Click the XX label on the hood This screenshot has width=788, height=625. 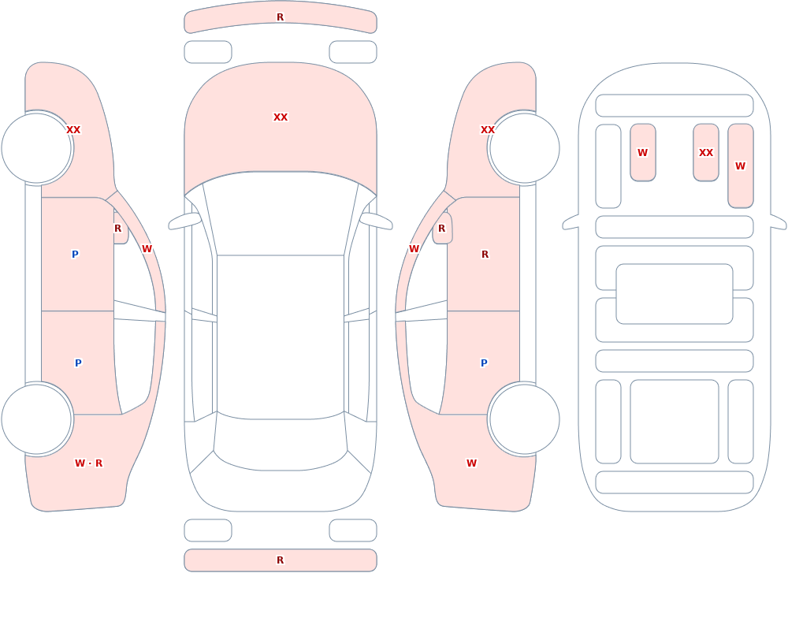pos(281,117)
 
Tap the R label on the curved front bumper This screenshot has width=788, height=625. pos(281,17)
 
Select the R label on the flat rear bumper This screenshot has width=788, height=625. pos(281,560)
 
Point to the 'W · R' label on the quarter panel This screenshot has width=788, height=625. pos(88,463)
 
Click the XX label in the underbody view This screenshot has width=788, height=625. pos(706,152)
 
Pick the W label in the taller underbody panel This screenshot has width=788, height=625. pos(740,166)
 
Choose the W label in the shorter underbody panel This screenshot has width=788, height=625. pos(643,152)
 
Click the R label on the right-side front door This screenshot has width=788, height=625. pos(485,255)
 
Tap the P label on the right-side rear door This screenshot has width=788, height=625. pos(484,363)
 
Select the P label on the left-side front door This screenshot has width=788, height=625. pos(75,255)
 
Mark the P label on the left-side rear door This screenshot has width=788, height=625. pos(78,363)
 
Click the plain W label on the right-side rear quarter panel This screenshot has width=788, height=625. pos(471,463)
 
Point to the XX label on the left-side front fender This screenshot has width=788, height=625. pos(73,130)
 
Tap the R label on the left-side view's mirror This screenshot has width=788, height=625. pos(117,229)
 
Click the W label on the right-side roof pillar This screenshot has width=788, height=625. pos(414,249)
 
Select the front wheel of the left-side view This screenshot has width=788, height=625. pos(37,148)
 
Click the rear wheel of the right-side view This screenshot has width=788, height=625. pos(524,419)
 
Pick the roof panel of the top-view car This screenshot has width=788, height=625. pos(281,337)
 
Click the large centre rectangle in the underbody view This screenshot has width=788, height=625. pos(675,294)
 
